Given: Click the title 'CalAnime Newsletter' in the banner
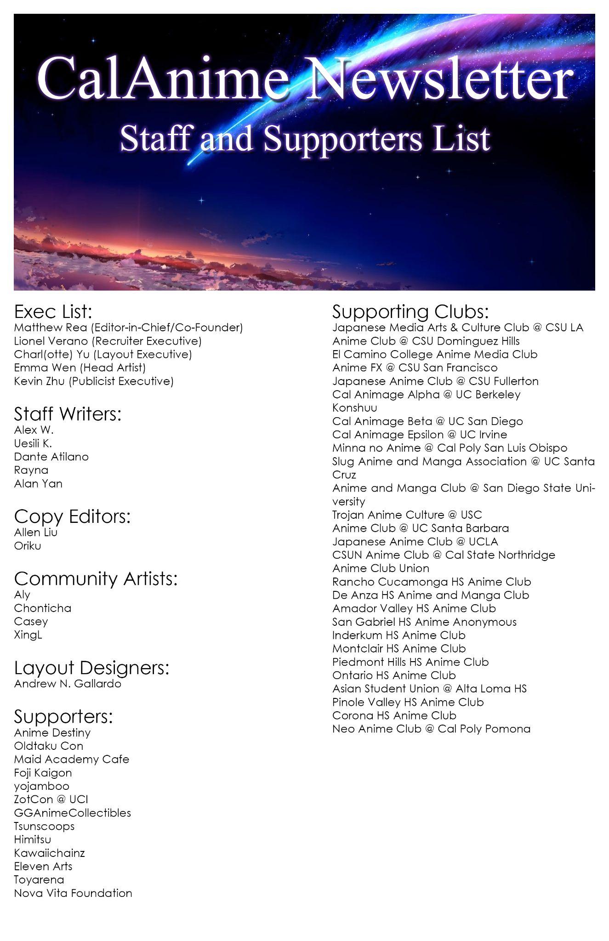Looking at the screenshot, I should tap(304, 78).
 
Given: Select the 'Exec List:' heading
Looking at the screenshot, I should tap(53, 312).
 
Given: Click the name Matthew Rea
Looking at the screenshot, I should tap(51, 328).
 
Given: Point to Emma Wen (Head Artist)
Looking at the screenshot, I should tap(80, 368).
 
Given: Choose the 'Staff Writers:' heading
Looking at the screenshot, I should tap(68, 414).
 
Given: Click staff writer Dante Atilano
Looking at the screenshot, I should tap(51, 457).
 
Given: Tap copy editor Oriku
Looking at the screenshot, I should tap(28, 546).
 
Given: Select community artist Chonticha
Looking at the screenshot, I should tap(42, 608).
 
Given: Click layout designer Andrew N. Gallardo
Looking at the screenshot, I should tap(68, 684).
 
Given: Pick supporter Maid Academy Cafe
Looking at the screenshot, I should tap(71, 759).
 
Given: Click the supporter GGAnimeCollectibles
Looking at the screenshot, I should tap(72, 813).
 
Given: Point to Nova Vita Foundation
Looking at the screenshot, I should tap(73, 893).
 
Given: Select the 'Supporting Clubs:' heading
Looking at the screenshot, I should tap(410, 312).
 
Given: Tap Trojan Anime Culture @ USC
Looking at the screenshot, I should tap(407, 515).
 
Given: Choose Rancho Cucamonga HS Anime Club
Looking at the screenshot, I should tap(432, 582).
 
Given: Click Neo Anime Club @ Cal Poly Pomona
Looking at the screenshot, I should tap(431, 729).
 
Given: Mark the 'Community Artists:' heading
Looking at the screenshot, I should tap(96, 578).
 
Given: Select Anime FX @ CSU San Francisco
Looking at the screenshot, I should tap(415, 368).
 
